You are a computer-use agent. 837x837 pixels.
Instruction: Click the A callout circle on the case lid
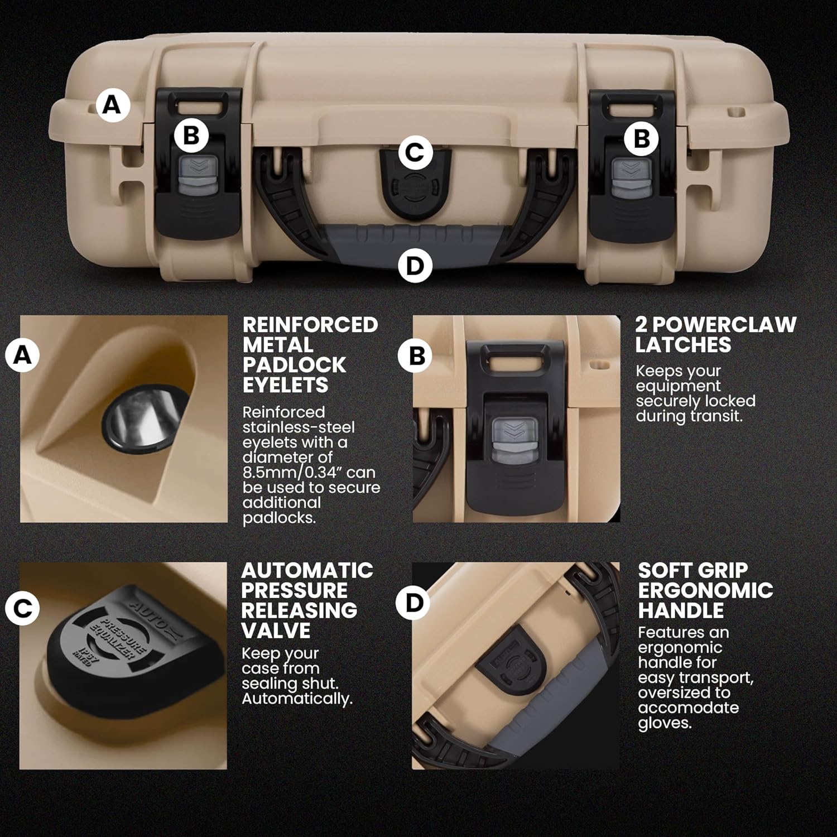(x=112, y=104)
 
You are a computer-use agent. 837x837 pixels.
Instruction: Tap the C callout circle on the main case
(x=415, y=152)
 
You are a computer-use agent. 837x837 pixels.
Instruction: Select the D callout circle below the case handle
(x=415, y=266)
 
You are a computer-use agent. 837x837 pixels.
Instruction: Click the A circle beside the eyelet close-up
(x=22, y=354)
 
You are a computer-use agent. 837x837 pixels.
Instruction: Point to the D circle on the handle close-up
(x=413, y=603)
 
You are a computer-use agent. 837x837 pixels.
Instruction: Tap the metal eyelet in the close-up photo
(x=146, y=417)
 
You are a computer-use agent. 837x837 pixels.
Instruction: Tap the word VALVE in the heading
(x=276, y=631)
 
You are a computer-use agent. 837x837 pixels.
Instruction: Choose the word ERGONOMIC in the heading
(x=706, y=590)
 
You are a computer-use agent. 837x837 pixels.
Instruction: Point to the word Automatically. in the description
(x=297, y=699)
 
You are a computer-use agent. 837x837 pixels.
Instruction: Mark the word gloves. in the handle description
(x=665, y=723)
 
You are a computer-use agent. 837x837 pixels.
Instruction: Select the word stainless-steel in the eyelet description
(x=299, y=427)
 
